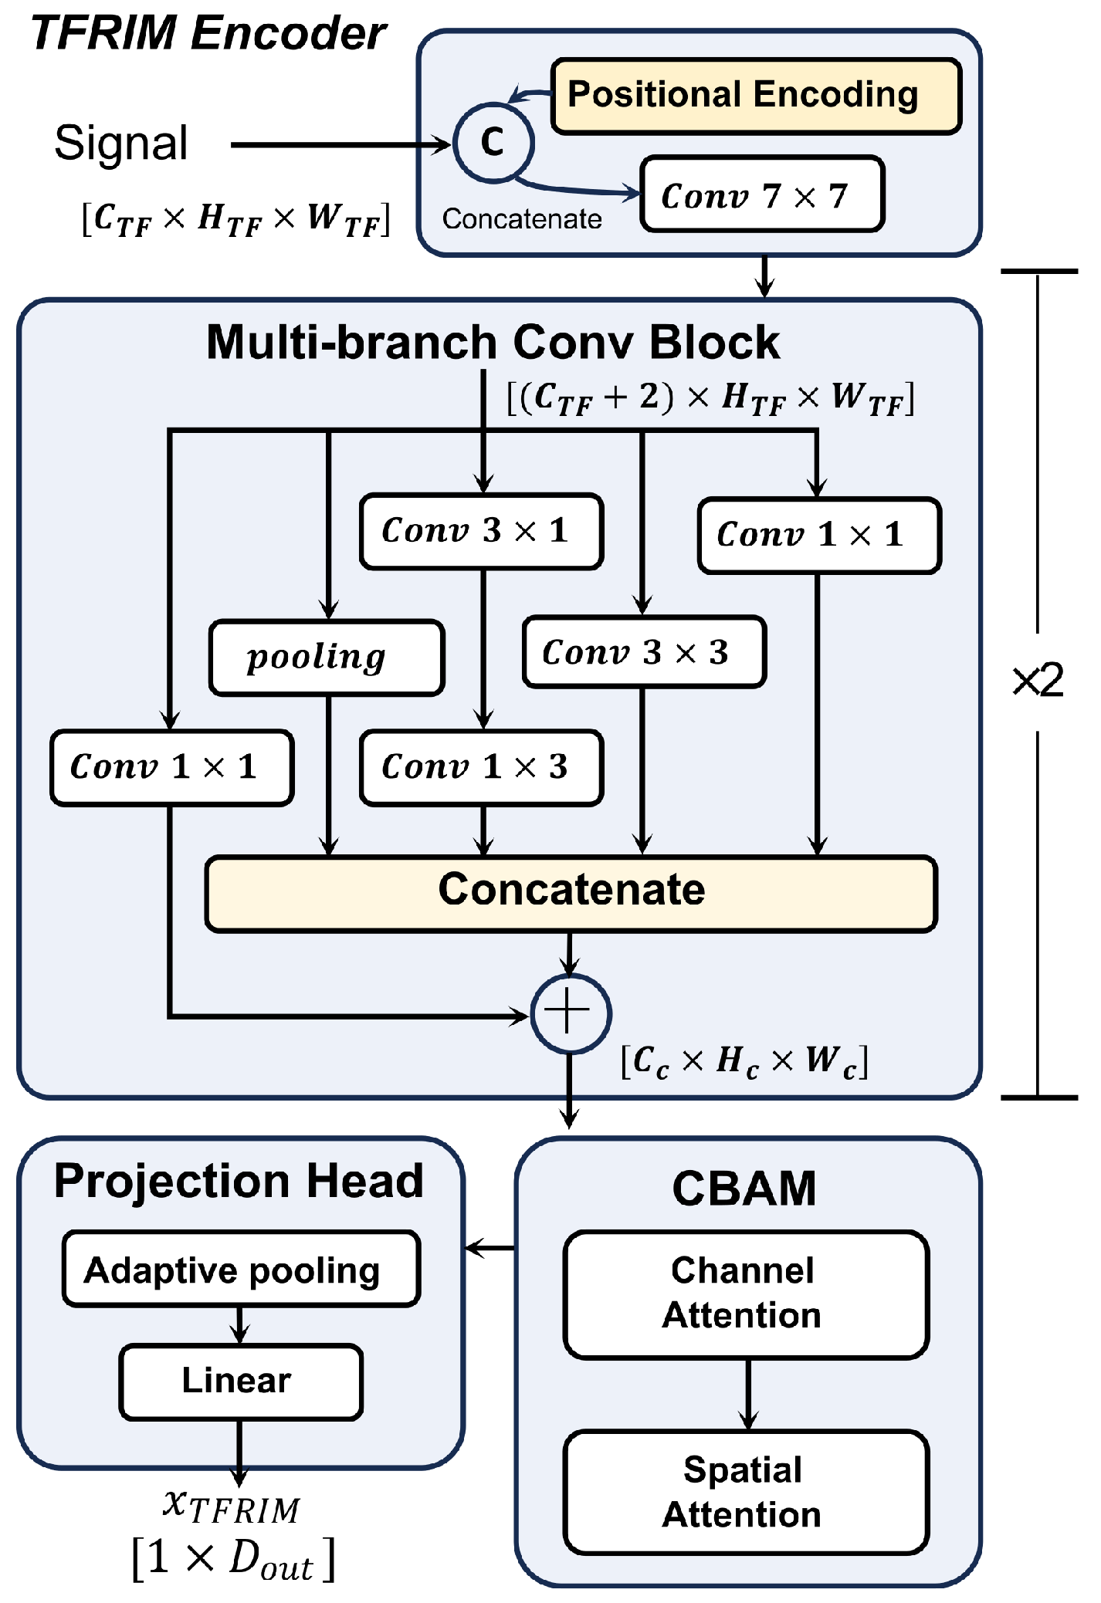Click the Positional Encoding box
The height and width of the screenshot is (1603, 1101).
coord(756,96)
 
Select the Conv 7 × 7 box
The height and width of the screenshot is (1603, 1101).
coord(761,194)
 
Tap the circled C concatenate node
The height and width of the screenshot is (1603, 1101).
coord(493,143)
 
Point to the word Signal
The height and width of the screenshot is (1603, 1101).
coord(121,144)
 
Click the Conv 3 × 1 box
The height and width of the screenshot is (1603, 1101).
coord(481,531)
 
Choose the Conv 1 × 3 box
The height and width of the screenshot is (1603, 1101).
coord(481,767)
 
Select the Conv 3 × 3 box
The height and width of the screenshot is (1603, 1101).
coord(643,652)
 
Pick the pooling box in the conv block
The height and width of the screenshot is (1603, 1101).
coord(327,658)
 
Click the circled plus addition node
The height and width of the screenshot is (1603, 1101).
coord(571,1013)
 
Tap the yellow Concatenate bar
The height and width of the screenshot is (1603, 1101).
coord(571,893)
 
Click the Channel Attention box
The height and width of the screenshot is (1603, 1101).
coord(745,1294)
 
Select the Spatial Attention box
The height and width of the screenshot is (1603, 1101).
coord(745,1493)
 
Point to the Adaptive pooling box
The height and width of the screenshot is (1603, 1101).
coord(241,1269)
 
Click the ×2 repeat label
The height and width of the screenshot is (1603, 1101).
coord(1038,681)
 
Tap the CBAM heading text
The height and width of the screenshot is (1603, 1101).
coord(744,1189)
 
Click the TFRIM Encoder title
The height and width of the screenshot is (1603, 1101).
coord(208,34)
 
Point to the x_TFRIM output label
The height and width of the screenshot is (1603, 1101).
coord(232,1507)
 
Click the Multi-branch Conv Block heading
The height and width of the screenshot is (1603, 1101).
coord(493,342)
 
